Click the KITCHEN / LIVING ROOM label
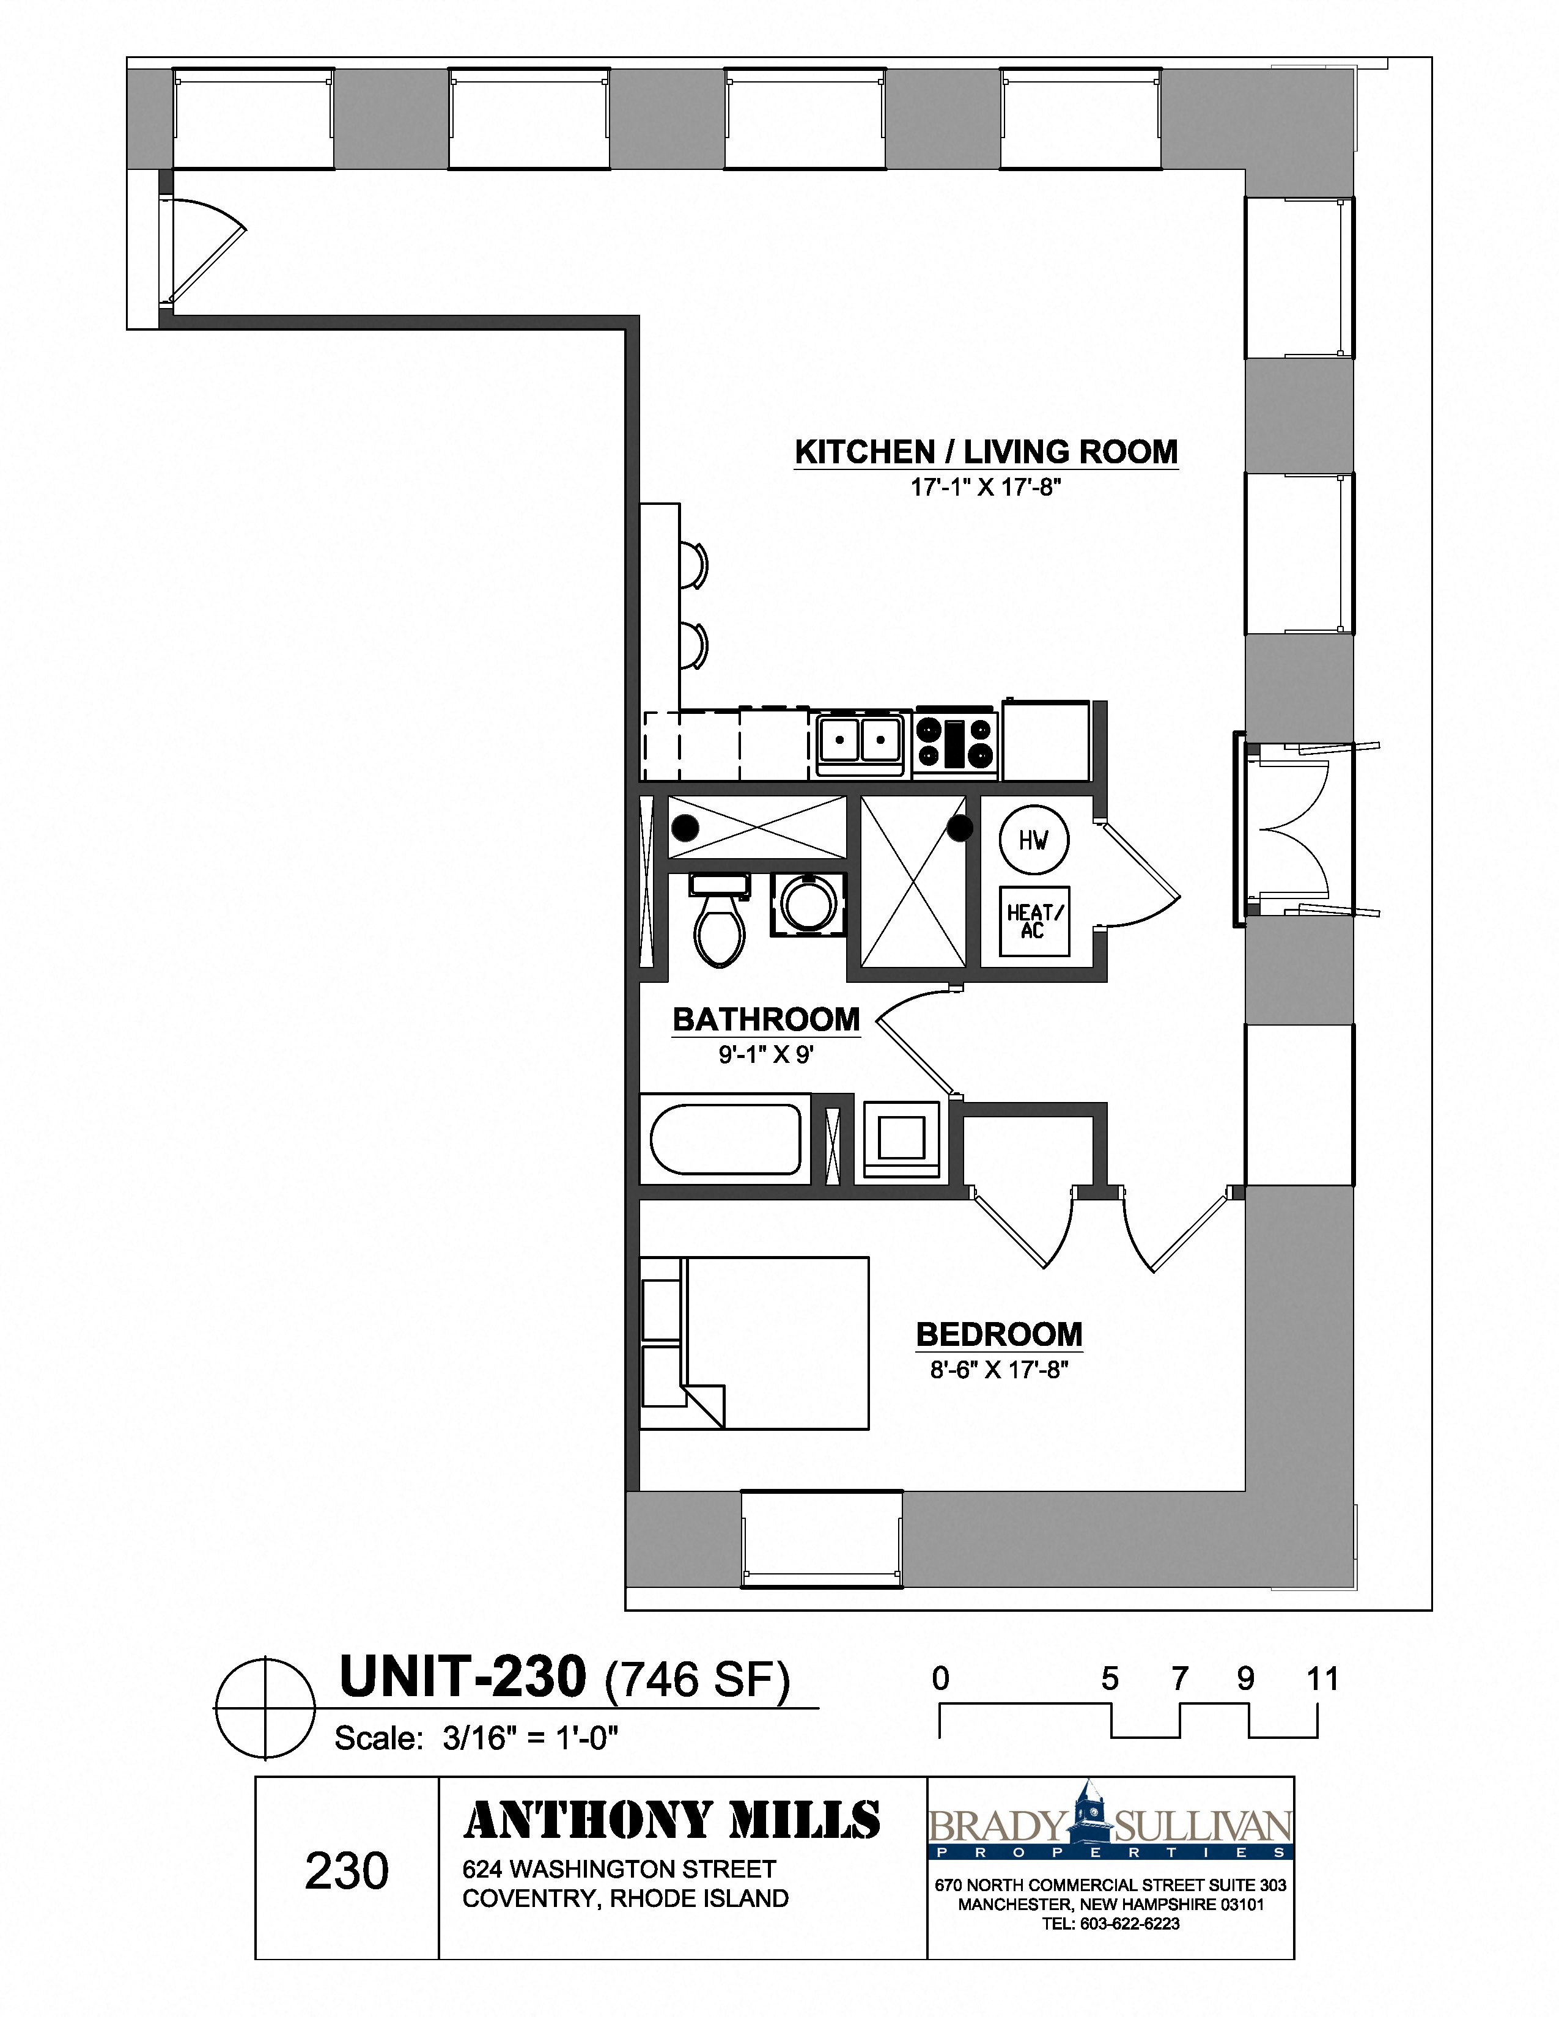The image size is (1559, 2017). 986,452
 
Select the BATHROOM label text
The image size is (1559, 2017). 765,1019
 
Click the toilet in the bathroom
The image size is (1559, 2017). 720,924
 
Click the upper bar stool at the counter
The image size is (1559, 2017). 693,564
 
